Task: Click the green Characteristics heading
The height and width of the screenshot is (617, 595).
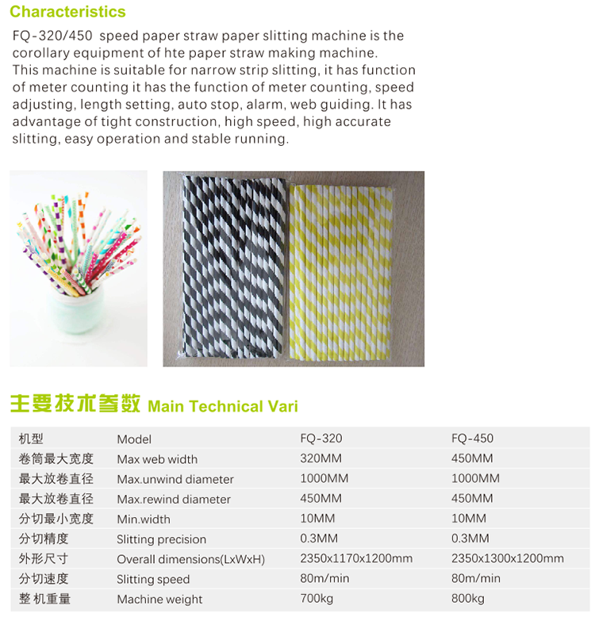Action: click(x=67, y=12)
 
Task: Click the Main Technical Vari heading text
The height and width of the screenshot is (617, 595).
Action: click(x=223, y=406)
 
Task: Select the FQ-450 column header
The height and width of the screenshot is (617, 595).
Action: click(x=472, y=438)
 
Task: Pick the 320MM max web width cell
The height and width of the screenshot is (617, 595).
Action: click(x=321, y=458)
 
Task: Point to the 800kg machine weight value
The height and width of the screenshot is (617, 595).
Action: click(x=467, y=598)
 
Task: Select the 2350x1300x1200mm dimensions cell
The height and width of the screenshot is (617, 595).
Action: click(x=507, y=558)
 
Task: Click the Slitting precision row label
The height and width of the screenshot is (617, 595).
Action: click(x=161, y=539)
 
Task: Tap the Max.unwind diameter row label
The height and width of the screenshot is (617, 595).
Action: click(x=175, y=479)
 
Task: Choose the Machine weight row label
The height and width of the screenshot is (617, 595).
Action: click(x=159, y=599)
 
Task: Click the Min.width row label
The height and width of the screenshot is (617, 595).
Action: click(x=143, y=519)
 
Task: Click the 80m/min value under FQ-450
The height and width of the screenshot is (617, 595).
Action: click(x=475, y=578)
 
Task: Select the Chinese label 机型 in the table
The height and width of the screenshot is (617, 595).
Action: click(x=31, y=439)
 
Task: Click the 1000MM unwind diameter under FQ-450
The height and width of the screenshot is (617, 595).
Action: click(x=475, y=478)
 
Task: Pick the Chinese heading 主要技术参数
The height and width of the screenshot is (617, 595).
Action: click(x=75, y=404)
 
